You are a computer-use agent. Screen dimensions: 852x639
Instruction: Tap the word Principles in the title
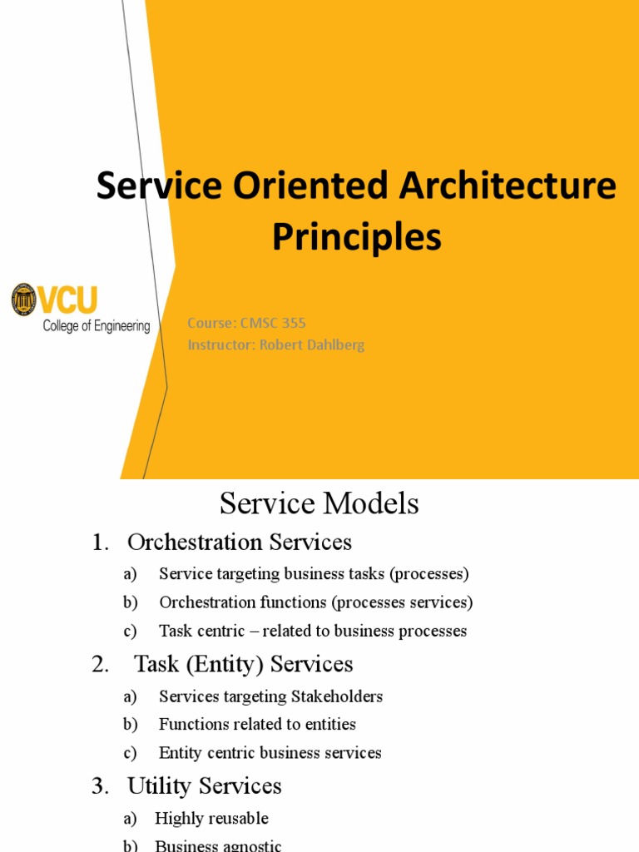pyautogui.click(x=357, y=237)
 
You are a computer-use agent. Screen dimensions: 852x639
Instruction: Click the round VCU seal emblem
pyautogui.click(x=23, y=300)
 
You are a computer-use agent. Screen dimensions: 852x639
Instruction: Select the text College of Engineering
pyautogui.click(x=97, y=326)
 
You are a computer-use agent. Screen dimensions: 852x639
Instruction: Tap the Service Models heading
pyautogui.click(x=319, y=503)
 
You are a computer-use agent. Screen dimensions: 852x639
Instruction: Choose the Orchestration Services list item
pyautogui.click(x=239, y=542)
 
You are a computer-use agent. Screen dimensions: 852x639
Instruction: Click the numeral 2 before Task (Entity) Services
pyautogui.click(x=99, y=664)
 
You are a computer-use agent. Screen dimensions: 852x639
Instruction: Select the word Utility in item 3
pyautogui.click(x=160, y=785)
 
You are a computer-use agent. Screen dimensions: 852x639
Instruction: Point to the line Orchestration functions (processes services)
pyautogui.click(x=315, y=602)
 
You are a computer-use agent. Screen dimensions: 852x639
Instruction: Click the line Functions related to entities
pyautogui.click(x=257, y=725)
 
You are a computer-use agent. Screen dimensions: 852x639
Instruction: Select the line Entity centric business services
pyautogui.click(x=270, y=753)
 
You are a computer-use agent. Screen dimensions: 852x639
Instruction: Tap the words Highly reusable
pyautogui.click(x=211, y=819)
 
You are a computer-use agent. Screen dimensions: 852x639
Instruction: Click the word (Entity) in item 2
pyautogui.click(x=205, y=664)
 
